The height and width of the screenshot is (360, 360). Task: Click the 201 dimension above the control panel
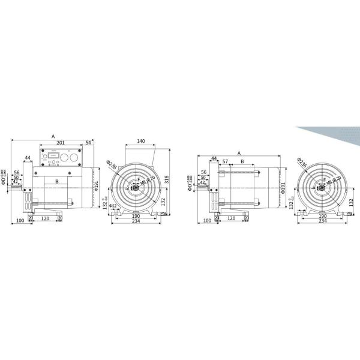click(x=61, y=143)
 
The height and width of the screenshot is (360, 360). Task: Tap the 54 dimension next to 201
click(x=88, y=143)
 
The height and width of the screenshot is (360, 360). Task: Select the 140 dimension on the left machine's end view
click(x=140, y=142)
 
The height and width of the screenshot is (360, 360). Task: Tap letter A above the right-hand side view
click(x=239, y=153)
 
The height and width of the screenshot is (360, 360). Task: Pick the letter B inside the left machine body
click(x=57, y=181)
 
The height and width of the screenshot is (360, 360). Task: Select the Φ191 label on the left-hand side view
click(x=97, y=188)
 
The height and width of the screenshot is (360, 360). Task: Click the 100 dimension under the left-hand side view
click(x=20, y=221)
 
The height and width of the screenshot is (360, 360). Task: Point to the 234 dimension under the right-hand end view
click(x=323, y=221)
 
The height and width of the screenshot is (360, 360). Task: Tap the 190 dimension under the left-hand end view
click(x=136, y=216)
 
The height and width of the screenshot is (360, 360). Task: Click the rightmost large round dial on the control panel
click(x=75, y=158)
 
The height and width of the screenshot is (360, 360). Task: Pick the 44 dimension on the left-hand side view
click(x=28, y=158)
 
